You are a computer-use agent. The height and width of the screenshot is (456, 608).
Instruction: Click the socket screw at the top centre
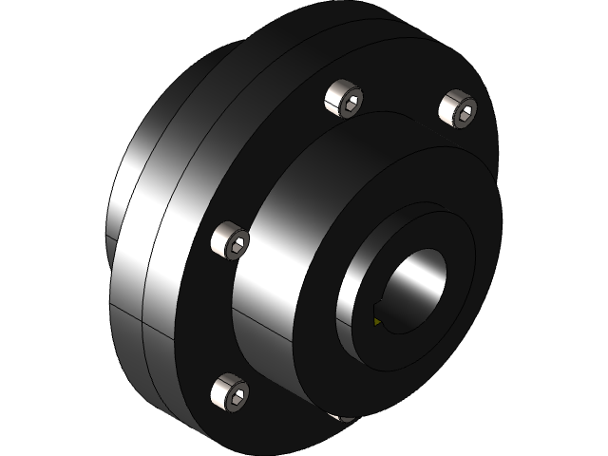coord(344,99)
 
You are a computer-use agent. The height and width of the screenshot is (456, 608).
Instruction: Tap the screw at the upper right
coord(458,109)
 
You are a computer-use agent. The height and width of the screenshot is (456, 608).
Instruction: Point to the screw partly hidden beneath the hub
coord(344,416)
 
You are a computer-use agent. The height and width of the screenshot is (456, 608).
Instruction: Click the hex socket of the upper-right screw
coord(464,111)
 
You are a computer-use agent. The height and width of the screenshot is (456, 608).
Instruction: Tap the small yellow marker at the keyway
coord(377,322)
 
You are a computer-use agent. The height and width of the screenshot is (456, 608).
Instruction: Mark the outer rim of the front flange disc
coord(180,285)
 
